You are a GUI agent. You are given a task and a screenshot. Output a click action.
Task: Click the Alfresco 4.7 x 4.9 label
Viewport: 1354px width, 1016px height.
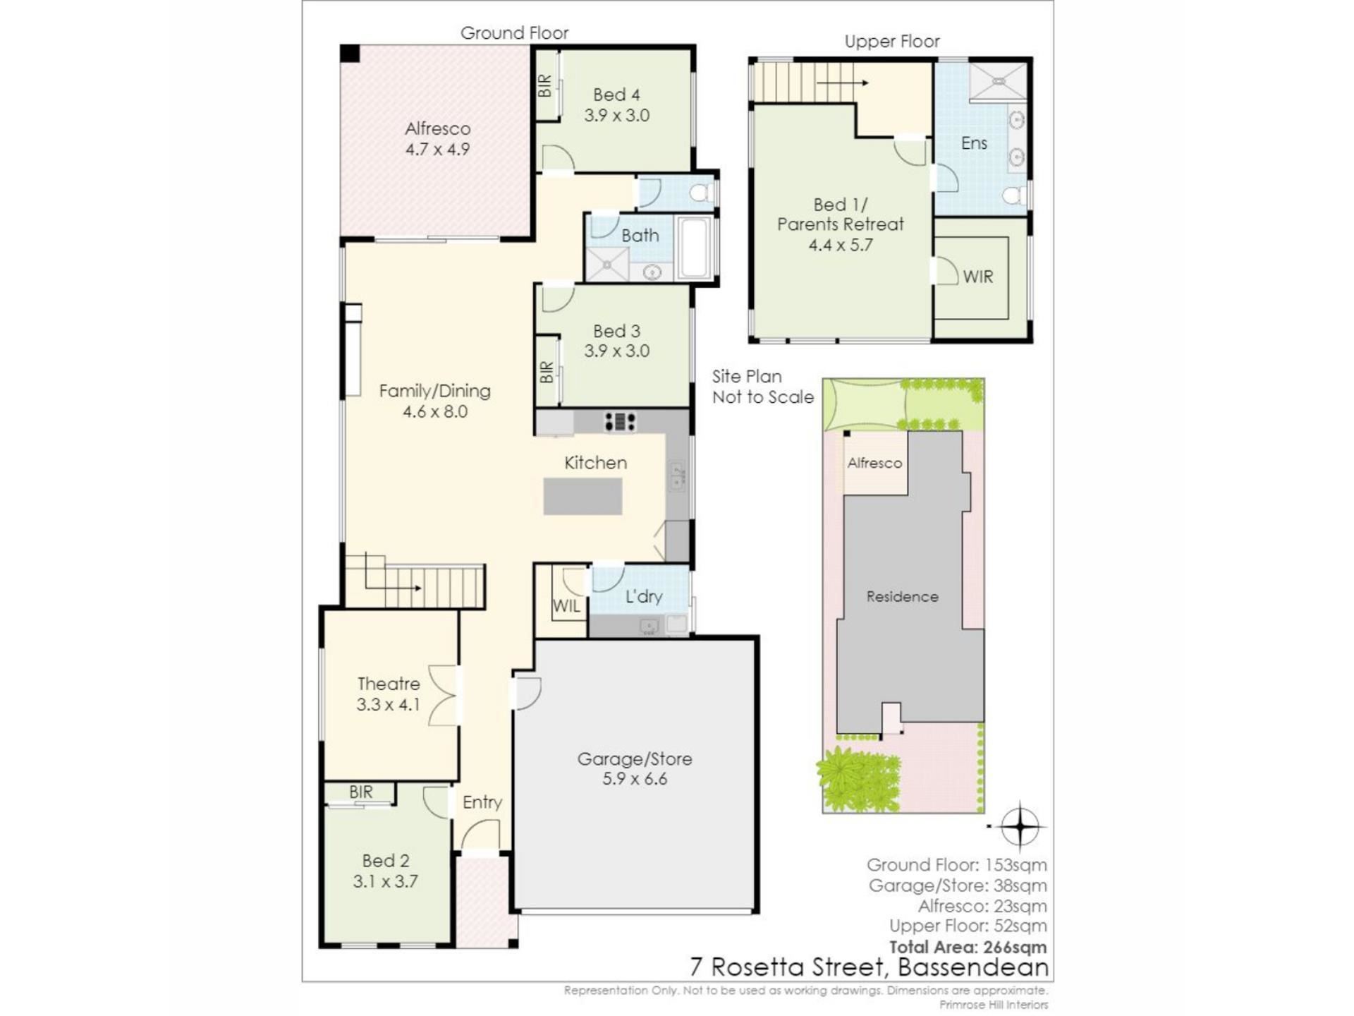click(x=437, y=139)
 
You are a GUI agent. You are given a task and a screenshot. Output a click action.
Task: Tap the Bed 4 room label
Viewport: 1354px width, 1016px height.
click(x=616, y=95)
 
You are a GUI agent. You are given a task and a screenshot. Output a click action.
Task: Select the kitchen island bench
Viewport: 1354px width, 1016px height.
click(x=583, y=495)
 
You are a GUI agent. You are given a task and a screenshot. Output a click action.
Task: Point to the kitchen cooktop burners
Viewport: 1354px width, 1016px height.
click(x=620, y=421)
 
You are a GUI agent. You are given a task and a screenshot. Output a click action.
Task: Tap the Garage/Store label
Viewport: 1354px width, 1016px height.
click(x=635, y=758)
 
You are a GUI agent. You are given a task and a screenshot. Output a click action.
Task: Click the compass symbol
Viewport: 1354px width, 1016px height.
click(x=1019, y=825)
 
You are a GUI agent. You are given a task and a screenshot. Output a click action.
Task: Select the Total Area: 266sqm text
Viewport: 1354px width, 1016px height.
click(x=968, y=947)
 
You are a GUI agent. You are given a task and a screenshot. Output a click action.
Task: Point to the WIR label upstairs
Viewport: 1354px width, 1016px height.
click(x=977, y=277)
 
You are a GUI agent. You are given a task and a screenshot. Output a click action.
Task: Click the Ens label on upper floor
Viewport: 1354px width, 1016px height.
click(x=974, y=143)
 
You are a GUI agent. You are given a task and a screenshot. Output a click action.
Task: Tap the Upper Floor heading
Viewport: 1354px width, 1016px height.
click(x=892, y=42)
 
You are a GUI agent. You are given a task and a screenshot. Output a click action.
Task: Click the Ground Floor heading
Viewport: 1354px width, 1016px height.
click(x=514, y=32)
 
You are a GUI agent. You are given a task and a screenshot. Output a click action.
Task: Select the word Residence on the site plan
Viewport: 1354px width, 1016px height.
click(x=902, y=596)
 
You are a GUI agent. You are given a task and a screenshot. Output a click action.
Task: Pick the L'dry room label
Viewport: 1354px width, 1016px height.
click(x=644, y=596)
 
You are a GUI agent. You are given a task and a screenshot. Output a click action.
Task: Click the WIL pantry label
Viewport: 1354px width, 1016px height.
click(x=566, y=606)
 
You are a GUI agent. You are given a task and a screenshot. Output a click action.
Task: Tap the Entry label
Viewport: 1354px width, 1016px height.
click(x=482, y=802)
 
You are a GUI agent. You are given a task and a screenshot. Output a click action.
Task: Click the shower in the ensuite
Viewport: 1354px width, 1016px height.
click(x=998, y=81)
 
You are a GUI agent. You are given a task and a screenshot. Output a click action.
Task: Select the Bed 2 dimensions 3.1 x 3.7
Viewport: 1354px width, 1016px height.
click(x=385, y=881)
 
